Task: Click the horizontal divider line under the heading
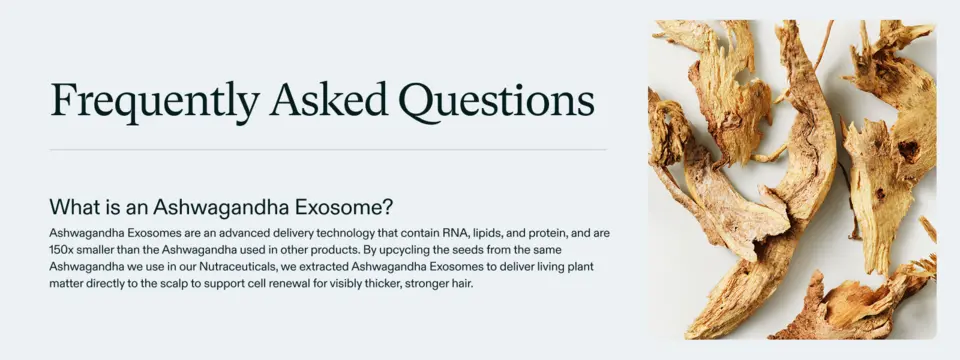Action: [328, 150]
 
